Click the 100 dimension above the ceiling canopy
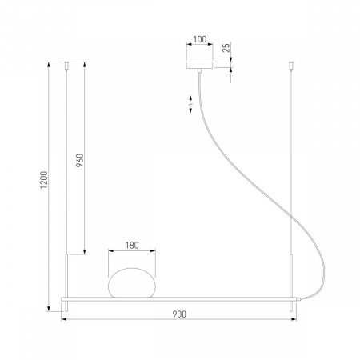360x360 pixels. [x=199, y=37]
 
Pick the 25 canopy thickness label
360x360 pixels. [x=226, y=48]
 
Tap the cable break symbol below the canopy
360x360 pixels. [x=190, y=104]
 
